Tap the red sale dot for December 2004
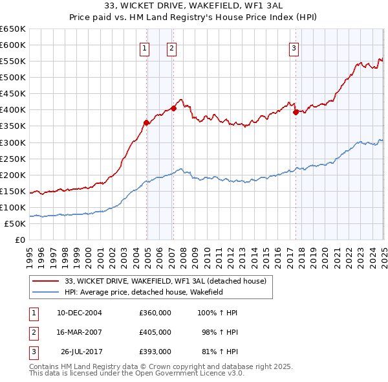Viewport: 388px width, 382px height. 147,122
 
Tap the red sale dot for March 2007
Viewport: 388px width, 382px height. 173,108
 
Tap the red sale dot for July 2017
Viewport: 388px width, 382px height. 296,112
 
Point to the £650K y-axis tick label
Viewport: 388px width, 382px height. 13,29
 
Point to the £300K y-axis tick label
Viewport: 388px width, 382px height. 13,142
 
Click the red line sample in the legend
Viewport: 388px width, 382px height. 45,281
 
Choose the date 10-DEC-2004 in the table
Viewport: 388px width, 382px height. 80,313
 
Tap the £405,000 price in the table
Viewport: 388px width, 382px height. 155,332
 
